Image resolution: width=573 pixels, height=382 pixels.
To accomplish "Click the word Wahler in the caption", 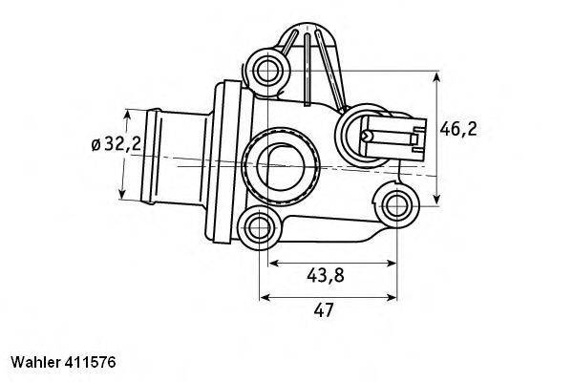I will tap(35, 363).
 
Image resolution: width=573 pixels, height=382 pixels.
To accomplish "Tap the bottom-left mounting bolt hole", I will tap(258, 226).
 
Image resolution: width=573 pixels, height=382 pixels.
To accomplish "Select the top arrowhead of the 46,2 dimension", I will tap(437, 74).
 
